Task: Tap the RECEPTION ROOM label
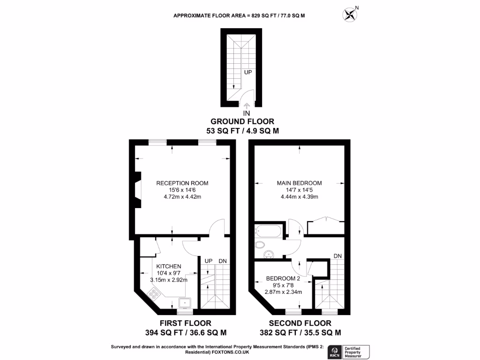[182, 183]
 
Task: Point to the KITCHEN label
[169, 266]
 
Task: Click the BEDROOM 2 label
[283, 277]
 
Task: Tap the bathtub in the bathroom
[268, 230]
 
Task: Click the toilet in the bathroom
[261, 244]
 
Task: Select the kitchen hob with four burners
[154, 294]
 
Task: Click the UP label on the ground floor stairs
[248, 73]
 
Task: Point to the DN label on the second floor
[338, 256]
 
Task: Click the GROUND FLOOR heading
[243, 122]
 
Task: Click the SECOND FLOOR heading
[300, 323]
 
